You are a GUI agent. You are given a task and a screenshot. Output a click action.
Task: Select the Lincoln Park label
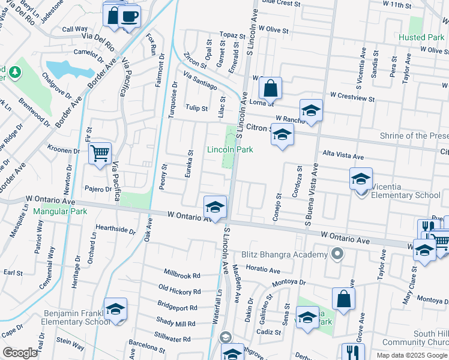230,149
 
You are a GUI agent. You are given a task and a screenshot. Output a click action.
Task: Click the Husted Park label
421,37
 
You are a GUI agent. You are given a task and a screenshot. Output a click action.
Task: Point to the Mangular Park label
60,211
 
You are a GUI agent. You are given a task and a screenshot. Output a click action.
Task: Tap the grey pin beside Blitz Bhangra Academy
337,254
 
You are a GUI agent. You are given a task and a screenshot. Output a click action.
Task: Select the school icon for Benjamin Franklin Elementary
115,309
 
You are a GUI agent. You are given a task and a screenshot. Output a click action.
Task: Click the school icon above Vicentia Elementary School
361,178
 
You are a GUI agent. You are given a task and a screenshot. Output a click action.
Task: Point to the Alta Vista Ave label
343,155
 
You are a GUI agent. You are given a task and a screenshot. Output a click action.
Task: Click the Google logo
20,353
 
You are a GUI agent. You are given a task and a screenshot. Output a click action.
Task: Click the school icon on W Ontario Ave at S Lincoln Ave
215,207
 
